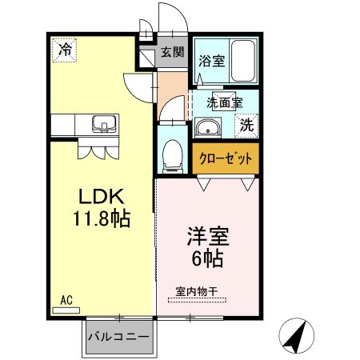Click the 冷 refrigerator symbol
(x=64, y=50)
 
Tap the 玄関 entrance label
(x=170, y=53)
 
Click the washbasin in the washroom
(x=209, y=127)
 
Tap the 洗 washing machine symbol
(x=247, y=125)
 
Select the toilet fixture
(x=171, y=155)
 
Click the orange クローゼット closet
(x=226, y=158)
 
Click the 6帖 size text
(x=207, y=258)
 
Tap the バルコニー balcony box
(x=118, y=338)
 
